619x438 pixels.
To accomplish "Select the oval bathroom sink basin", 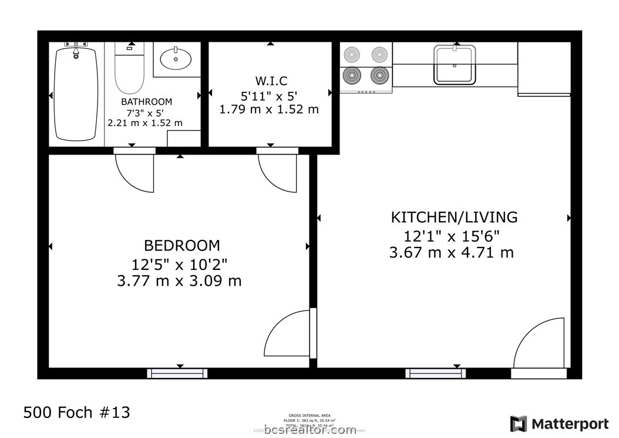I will point(176,59).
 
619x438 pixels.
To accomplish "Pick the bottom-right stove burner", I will point(380,75).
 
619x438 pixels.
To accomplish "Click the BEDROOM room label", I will point(182,245).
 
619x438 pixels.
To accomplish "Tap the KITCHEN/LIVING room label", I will point(454,217).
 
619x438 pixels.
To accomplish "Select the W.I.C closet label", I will point(271,81).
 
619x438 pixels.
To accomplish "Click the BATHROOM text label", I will point(146,102).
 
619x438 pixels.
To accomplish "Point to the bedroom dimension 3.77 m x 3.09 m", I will point(179,280).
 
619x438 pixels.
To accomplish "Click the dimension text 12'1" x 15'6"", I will point(452,236).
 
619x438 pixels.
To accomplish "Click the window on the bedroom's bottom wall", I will point(177,373).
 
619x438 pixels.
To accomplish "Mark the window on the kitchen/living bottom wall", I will point(436,373).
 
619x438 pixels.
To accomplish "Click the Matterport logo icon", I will point(518,423).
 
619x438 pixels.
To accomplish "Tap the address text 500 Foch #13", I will point(76,412).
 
